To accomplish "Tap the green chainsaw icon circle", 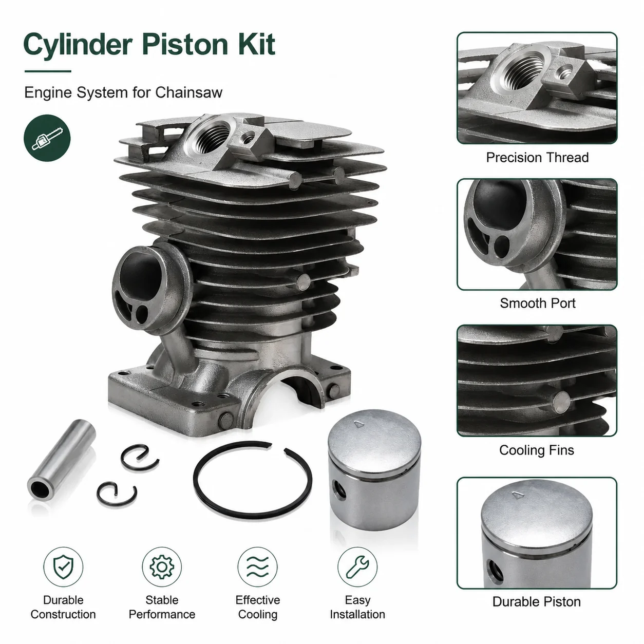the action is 47,138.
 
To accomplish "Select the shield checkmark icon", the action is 63,567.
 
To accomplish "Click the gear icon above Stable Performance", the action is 162,567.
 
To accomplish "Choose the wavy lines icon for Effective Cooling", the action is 258,567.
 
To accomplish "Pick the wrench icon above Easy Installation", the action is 357,567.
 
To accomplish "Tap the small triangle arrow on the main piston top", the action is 359,425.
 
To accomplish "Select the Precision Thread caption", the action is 537,158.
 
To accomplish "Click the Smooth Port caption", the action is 537,303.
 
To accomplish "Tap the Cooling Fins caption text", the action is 536,450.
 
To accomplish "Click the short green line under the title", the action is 48,71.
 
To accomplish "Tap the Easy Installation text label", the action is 357,607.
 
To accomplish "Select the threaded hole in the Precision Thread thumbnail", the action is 523,71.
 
